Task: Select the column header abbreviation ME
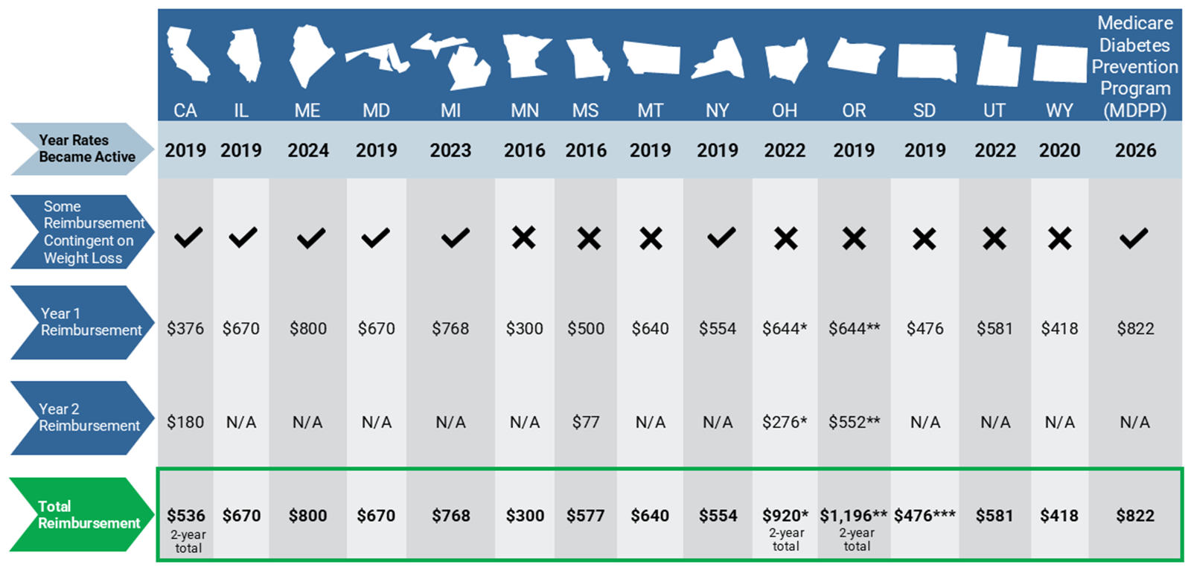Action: click(307, 111)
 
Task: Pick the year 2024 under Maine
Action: click(308, 150)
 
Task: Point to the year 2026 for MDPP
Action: click(1135, 150)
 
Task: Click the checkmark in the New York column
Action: click(721, 237)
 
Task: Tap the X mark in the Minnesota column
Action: click(524, 237)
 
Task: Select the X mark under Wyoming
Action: click(1060, 239)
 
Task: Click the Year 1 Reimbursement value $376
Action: click(185, 328)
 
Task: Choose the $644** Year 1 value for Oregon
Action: click(854, 328)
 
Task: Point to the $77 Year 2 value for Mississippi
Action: click(585, 422)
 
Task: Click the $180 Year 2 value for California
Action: click(185, 422)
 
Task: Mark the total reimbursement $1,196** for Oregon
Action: click(853, 516)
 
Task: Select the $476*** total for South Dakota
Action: click(925, 516)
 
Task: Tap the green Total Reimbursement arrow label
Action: click(83, 514)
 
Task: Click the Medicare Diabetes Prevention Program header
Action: click(1134, 66)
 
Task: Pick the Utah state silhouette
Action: click(998, 59)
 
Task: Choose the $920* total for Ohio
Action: click(785, 516)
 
